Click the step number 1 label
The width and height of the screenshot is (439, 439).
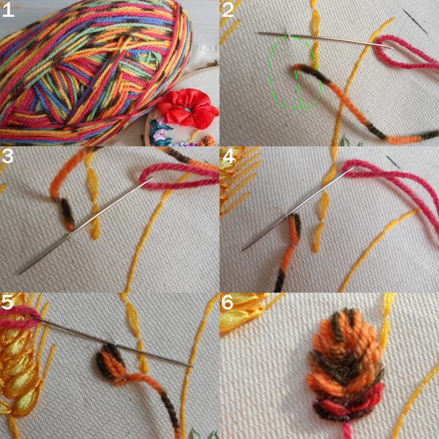pyautogui.click(x=7, y=10)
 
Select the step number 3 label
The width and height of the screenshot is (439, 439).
pyautogui.click(x=7, y=157)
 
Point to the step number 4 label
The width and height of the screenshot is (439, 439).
pyautogui.click(x=229, y=157)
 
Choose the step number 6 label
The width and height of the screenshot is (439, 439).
pyautogui.click(x=227, y=302)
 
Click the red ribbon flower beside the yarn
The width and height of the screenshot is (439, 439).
pyautogui.click(x=187, y=108)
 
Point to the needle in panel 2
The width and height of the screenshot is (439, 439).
pyautogui.click(x=325, y=40)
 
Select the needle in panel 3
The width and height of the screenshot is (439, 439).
pyautogui.click(x=86, y=225)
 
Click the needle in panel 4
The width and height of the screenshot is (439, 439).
pyautogui.click(x=299, y=209)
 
